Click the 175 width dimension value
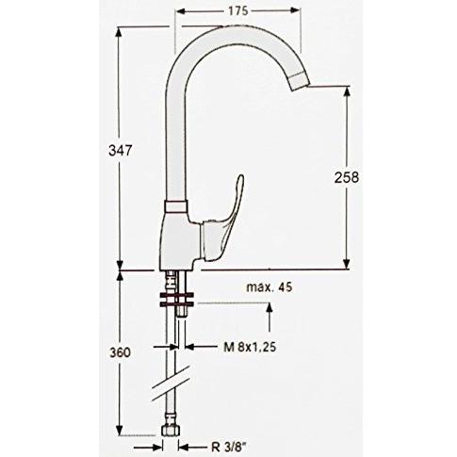(x=237, y=10)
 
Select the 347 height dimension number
(x=119, y=151)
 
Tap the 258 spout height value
(x=347, y=178)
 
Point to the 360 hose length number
(x=120, y=352)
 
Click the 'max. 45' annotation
(x=269, y=287)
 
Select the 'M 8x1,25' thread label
(x=250, y=347)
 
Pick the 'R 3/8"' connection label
(x=228, y=447)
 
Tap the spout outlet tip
(x=300, y=82)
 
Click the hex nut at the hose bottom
(x=171, y=430)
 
